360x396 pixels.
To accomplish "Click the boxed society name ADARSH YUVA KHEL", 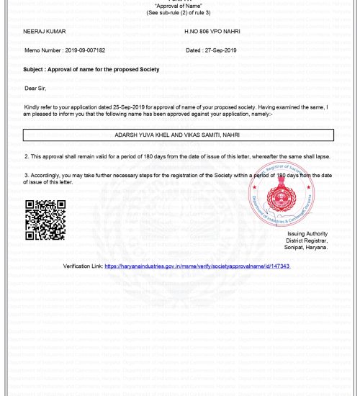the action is (177, 135).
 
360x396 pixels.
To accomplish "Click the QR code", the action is (45, 220).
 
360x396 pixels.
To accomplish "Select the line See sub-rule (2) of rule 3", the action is (179, 13).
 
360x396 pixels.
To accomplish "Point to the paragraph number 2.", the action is (26, 156).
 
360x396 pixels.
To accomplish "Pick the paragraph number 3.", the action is (26, 174).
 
